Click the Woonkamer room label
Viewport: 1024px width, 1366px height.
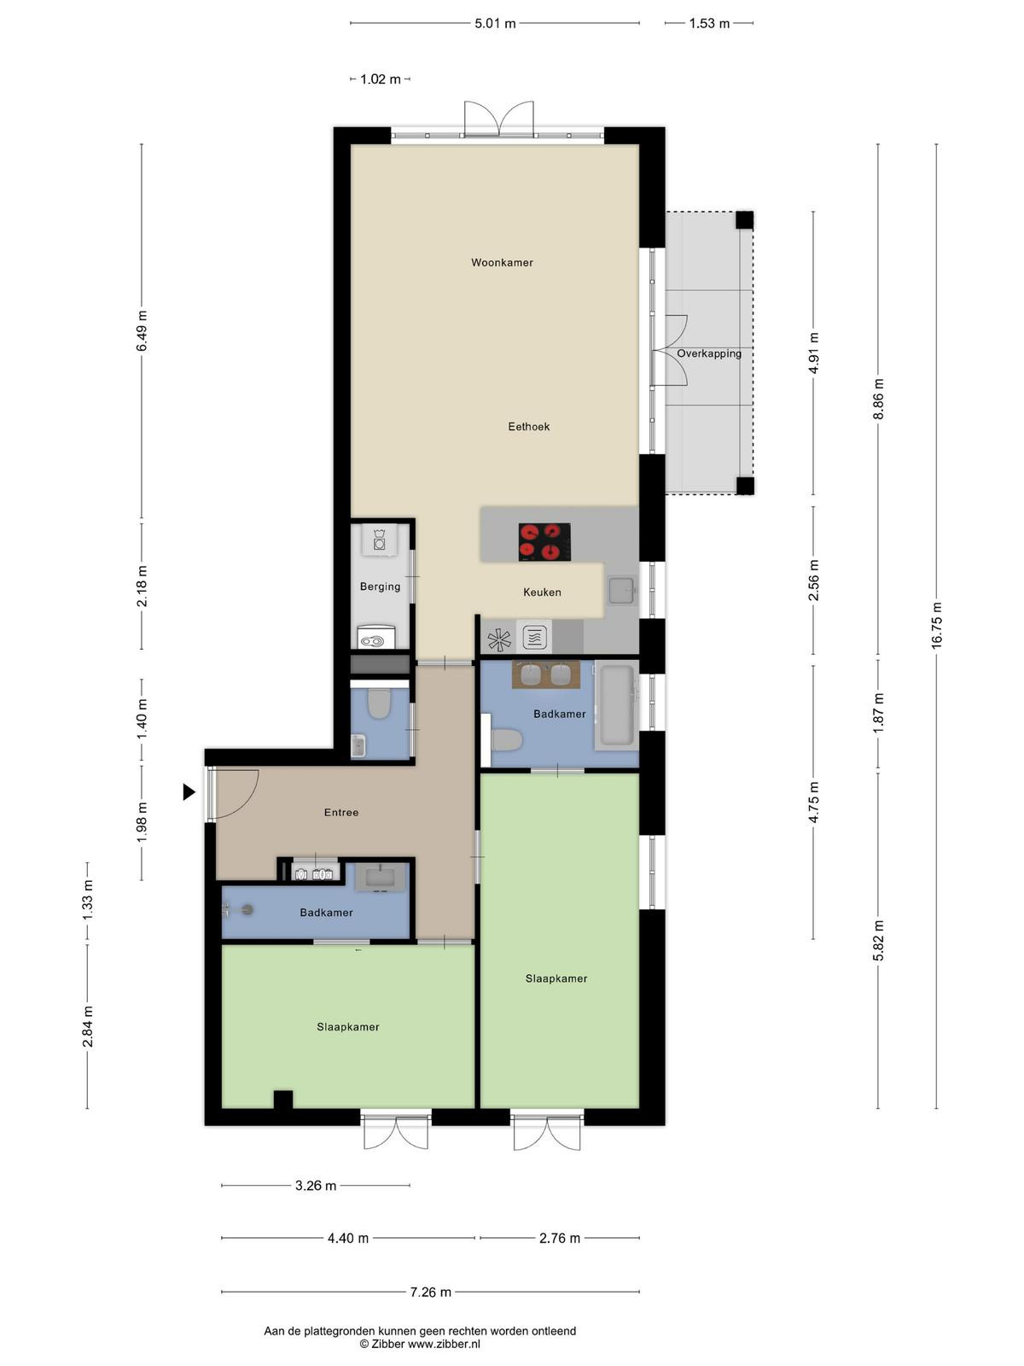coord(502,263)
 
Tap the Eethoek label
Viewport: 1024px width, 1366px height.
coord(528,426)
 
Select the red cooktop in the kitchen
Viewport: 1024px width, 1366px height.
coord(544,541)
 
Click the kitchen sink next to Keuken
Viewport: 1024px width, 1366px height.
coord(621,591)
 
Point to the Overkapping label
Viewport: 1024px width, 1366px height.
coord(709,353)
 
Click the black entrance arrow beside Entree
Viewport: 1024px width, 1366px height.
coord(189,791)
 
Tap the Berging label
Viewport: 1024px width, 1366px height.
coord(380,587)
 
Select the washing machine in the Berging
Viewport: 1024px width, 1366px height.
coord(379,539)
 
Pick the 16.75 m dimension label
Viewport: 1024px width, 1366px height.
coord(936,626)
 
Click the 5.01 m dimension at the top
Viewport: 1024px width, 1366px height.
coord(495,24)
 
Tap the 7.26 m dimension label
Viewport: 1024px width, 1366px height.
coord(430,1292)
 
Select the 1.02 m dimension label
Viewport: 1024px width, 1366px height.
coord(381,79)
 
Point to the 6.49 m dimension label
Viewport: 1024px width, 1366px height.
coord(142,330)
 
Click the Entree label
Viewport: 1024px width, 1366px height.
coord(341,812)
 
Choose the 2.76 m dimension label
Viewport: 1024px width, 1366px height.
coord(560,1238)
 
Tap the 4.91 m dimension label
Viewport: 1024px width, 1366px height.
coord(813,353)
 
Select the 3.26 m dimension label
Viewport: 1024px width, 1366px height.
coord(316,1186)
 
